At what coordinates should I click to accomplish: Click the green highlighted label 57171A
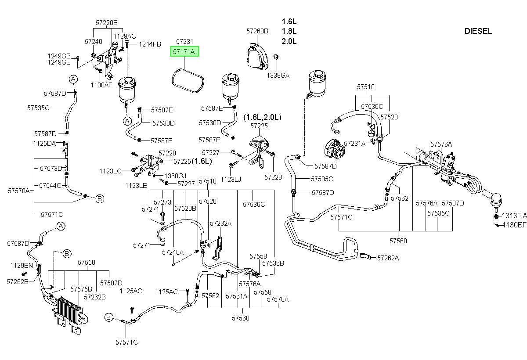tap(184, 51)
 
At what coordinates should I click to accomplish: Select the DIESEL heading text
tap(478, 31)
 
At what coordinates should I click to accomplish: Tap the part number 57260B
tap(257, 31)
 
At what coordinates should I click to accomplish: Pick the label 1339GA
tap(278, 76)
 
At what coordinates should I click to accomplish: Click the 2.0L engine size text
tap(289, 41)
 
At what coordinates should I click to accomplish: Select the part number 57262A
tap(388, 258)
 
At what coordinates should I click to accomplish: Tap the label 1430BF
tap(514, 225)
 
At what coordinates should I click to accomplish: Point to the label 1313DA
tap(514, 216)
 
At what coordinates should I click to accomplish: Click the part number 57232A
tap(220, 223)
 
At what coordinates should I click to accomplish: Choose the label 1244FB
tap(150, 44)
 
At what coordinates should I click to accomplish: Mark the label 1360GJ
tap(175, 176)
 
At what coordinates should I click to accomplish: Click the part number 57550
tap(87, 263)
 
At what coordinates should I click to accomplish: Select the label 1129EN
tap(22, 266)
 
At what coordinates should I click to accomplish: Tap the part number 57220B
tap(107, 23)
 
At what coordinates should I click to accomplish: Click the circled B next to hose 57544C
tap(100, 199)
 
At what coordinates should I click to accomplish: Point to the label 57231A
tap(354, 144)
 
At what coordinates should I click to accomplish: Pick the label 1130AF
tap(101, 85)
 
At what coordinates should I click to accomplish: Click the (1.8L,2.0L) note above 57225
tap(262, 117)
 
